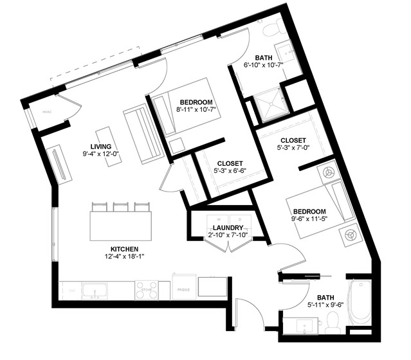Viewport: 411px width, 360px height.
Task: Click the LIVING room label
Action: (x=101, y=146)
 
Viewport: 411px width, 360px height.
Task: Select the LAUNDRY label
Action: (x=228, y=228)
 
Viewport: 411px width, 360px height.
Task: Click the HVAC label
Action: (x=46, y=111)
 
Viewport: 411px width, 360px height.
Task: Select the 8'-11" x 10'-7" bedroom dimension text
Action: (x=196, y=111)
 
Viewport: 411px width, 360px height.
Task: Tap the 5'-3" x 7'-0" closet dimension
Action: (x=293, y=148)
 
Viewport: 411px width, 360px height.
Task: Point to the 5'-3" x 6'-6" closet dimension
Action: (x=230, y=171)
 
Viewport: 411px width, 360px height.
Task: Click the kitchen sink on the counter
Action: (x=94, y=291)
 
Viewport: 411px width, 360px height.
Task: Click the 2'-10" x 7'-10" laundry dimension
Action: (x=228, y=236)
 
